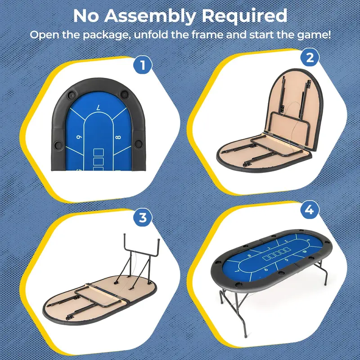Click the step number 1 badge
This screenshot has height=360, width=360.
(143, 65)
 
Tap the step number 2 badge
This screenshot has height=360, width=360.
(310, 57)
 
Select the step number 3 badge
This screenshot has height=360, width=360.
(143, 217)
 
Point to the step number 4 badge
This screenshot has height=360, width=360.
(310, 209)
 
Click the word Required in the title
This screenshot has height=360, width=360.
(244, 16)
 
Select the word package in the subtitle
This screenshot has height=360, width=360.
(107, 36)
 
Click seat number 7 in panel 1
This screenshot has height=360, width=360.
(99, 107)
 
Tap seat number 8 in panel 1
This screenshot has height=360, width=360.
(118, 137)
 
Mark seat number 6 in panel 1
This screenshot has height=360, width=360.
(79, 137)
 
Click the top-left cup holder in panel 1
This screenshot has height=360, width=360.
(72, 94)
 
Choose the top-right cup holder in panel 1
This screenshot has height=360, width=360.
(125, 94)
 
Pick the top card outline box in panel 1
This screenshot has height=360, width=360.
(99, 153)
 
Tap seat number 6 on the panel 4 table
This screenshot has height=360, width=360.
(266, 269)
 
